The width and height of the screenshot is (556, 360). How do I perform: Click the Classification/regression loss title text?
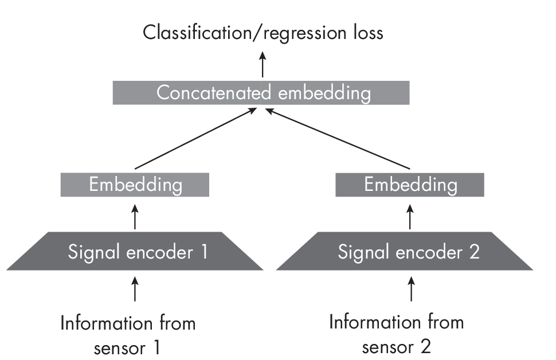click(263, 33)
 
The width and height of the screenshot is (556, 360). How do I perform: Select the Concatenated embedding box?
click(261, 93)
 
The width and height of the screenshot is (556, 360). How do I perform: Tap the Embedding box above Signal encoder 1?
click(135, 185)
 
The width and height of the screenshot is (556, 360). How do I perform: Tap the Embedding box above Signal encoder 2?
click(410, 185)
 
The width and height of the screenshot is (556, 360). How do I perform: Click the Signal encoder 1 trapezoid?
click(135, 252)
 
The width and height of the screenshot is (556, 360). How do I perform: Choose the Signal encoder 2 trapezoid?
click(405, 252)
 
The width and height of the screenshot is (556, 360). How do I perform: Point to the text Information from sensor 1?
click(128, 335)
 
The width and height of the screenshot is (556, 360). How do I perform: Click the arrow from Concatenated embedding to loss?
click(263, 64)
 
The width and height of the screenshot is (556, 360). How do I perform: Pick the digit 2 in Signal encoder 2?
click(473, 252)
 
